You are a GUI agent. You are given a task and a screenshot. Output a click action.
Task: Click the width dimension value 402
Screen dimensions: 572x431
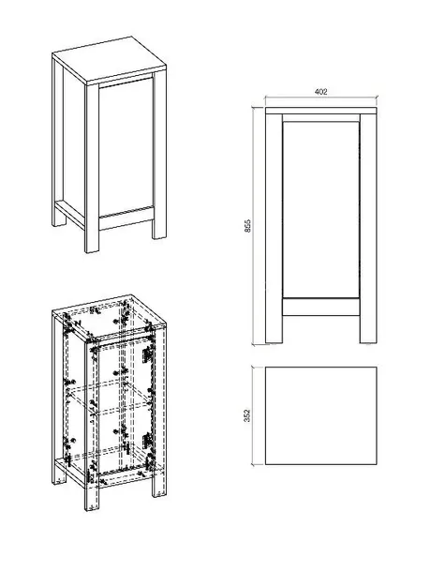[x=321, y=93]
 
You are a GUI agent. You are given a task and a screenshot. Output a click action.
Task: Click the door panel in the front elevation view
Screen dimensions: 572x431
[x=321, y=211]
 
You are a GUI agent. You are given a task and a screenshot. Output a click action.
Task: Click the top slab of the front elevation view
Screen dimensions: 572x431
[x=321, y=114]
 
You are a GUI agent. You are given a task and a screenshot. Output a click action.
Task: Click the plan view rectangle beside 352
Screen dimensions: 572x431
[x=321, y=416]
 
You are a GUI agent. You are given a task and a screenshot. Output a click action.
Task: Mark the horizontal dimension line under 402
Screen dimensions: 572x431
[x=321, y=100]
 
